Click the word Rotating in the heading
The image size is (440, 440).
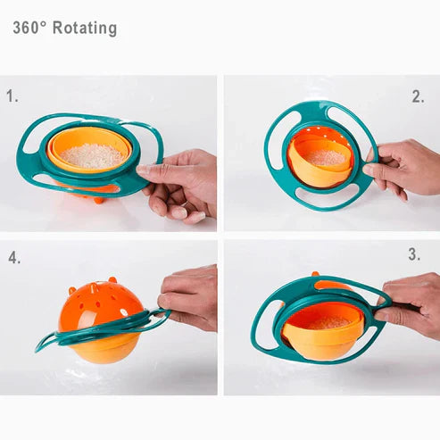85,28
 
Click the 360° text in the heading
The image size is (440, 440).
30,28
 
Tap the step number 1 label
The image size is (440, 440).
12,95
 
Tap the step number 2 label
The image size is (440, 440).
418,97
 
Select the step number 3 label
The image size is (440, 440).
414,254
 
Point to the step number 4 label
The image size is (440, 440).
14,259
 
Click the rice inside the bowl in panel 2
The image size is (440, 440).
328,157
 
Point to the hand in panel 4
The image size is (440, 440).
189,295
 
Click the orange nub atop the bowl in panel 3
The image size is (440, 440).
315,274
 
